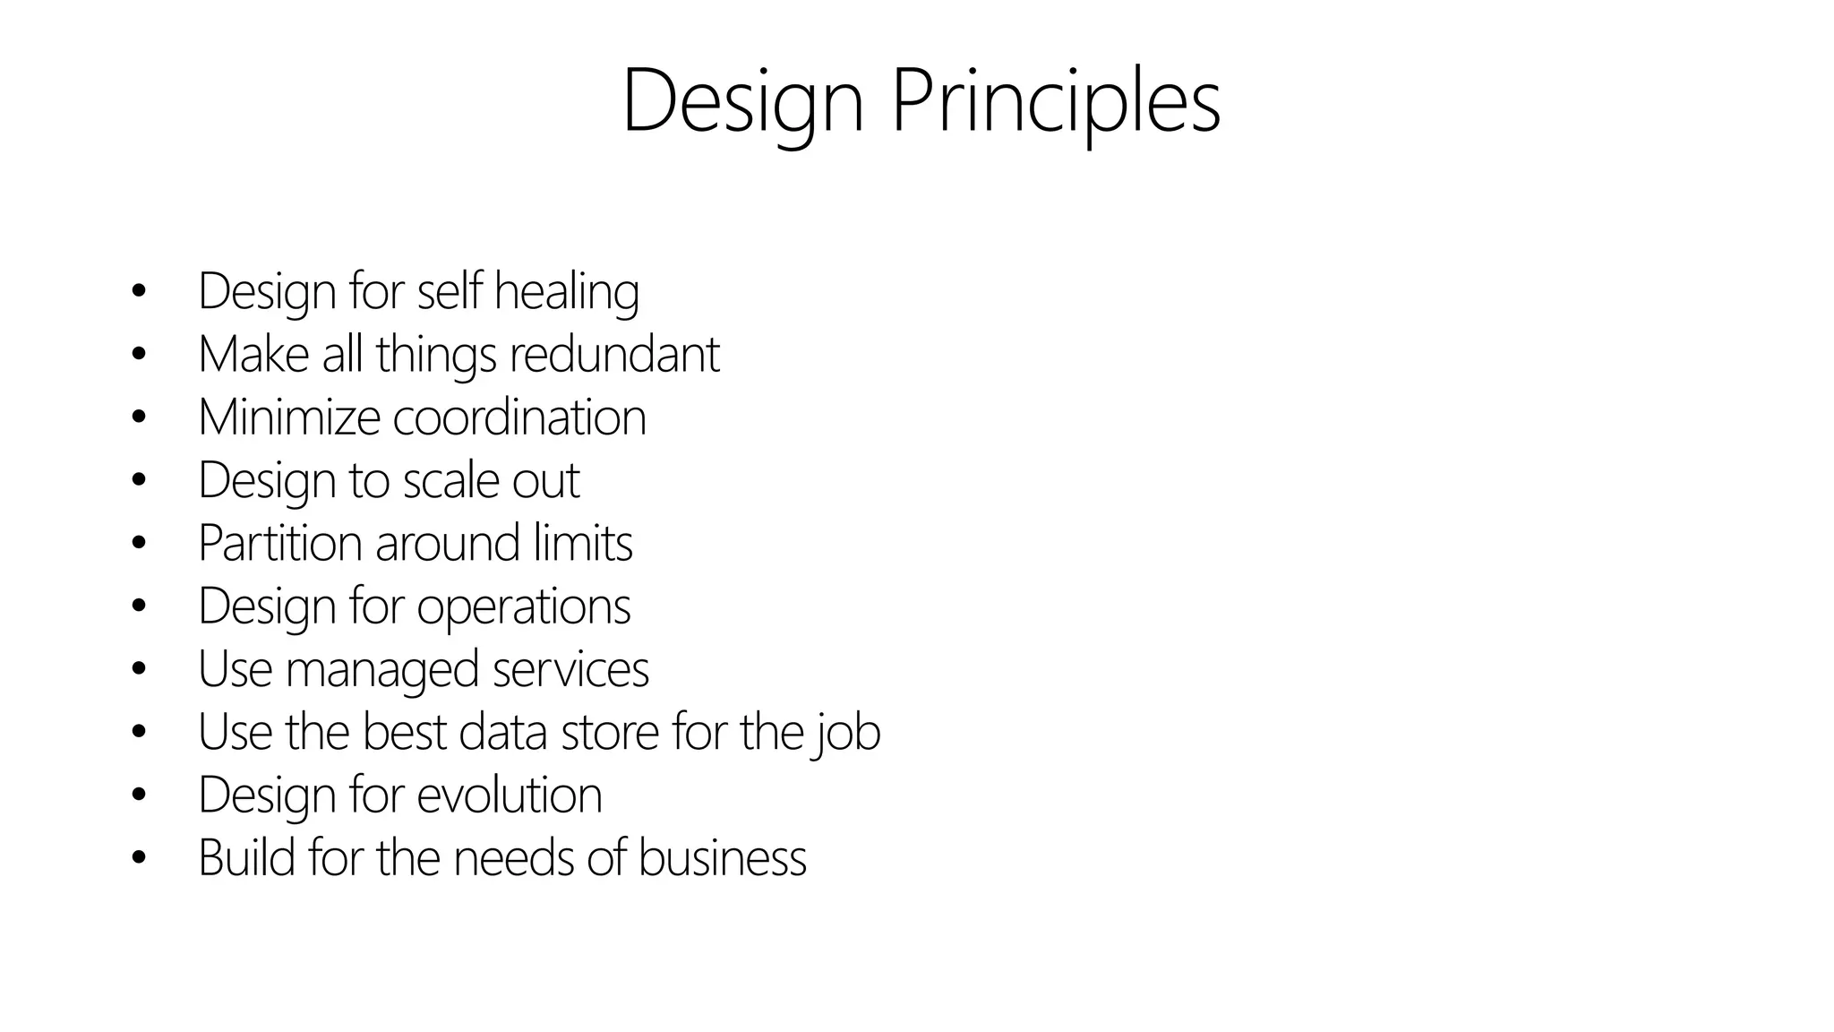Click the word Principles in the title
pyautogui.click(x=1056, y=100)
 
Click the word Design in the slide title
pyautogui.click(x=742, y=100)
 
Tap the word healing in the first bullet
pyautogui.click(x=566, y=292)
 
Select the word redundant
pyautogui.click(x=614, y=354)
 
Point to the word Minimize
pyautogui.click(x=288, y=417)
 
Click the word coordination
pyautogui.click(x=519, y=417)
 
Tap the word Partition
pyautogui.click(x=279, y=543)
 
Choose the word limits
pyautogui.click(x=583, y=543)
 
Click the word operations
pyautogui.click(x=524, y=606)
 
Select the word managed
pyautogui.click(x=381, y=670)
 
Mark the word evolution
pyautogui.click(x=510, y=795)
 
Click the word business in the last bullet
pyautogui.click(x=722, y=857)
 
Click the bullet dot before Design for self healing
pyautogui.click(x=138, y=291)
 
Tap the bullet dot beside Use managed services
pyautogui.click(x=138, y=668)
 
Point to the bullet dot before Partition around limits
pyautogui.click(x=138, y=543)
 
